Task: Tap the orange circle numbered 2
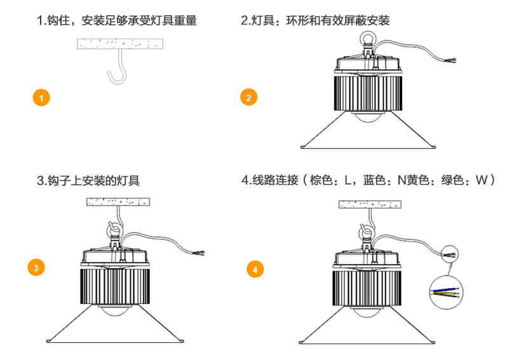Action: [248, 97]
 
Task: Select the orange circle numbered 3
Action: [36, 268]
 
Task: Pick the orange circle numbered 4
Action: [255, 269]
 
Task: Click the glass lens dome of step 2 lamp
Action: [368, 118]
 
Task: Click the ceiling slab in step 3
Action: [118, 202]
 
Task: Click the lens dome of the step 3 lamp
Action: [117, 312]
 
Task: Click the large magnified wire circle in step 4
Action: [446, 293]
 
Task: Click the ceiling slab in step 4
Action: [370, 204]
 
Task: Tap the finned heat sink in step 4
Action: [368, 284]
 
